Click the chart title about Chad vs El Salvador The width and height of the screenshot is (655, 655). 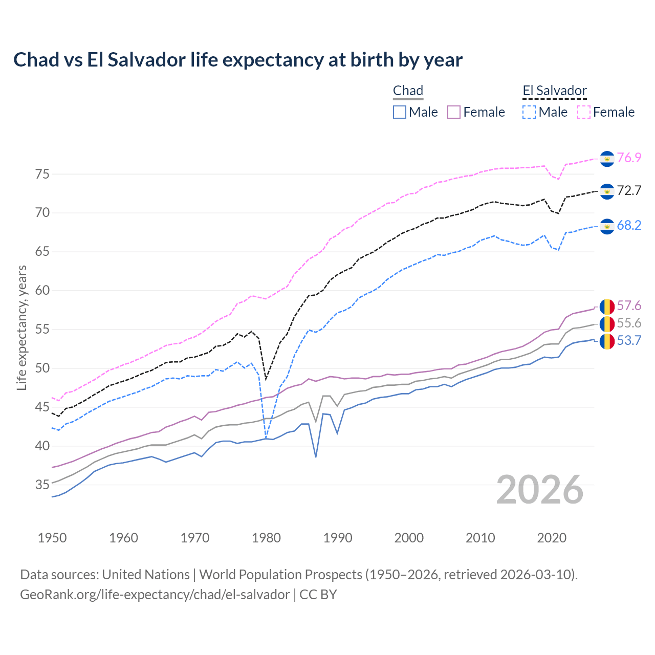238,60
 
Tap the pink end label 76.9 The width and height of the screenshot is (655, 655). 629,158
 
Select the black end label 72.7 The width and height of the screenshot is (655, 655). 629,191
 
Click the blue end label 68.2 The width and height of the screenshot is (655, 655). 629,226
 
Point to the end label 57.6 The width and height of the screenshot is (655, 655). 629,306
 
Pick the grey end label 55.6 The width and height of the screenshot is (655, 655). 629,323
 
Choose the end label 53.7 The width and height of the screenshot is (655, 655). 629,341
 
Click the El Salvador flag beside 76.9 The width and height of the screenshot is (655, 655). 607,159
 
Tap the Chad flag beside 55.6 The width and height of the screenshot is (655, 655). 607,324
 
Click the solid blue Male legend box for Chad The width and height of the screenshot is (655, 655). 400,112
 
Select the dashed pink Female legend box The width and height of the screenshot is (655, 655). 584,112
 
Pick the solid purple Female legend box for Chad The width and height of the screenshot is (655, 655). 454,112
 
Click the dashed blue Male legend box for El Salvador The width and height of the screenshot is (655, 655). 529,112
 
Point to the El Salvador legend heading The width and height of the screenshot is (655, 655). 555,91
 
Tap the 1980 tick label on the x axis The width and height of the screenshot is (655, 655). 266,538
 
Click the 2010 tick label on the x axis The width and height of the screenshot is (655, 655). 480,538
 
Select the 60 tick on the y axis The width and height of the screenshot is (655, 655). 42,291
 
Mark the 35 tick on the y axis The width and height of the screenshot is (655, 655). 42,485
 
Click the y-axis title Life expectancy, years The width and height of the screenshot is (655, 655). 21,327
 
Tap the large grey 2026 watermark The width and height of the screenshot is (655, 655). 540,490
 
